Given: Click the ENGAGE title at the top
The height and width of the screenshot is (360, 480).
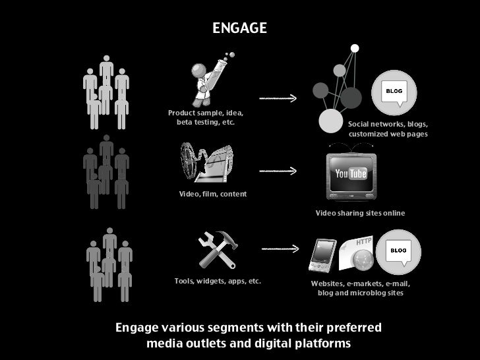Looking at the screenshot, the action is [x=239, y=28].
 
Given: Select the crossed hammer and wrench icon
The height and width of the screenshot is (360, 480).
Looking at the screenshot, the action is [x=217, y=249].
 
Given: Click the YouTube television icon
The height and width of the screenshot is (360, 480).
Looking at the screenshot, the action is [x=351, y=175].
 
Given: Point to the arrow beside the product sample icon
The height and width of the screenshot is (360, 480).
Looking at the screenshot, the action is [x=278, y=98].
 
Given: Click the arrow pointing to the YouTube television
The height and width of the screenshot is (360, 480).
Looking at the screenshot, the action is [x=278, y=171].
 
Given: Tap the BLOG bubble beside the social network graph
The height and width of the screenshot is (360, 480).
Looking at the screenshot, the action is [x=394, y=92].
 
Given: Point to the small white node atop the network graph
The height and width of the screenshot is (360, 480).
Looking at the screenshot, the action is [x=355, y=47].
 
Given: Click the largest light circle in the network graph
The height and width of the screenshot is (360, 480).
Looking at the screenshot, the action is [x=330, y=121].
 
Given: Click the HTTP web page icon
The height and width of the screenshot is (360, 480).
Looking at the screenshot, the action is [x=357, y=255].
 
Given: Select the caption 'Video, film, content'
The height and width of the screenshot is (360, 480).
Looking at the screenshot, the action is [x=213, y=194].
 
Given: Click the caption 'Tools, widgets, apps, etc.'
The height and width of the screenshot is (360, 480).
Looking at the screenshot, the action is [x=218, y=281].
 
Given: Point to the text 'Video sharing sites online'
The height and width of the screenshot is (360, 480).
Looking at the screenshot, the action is [x=360, y=214].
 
